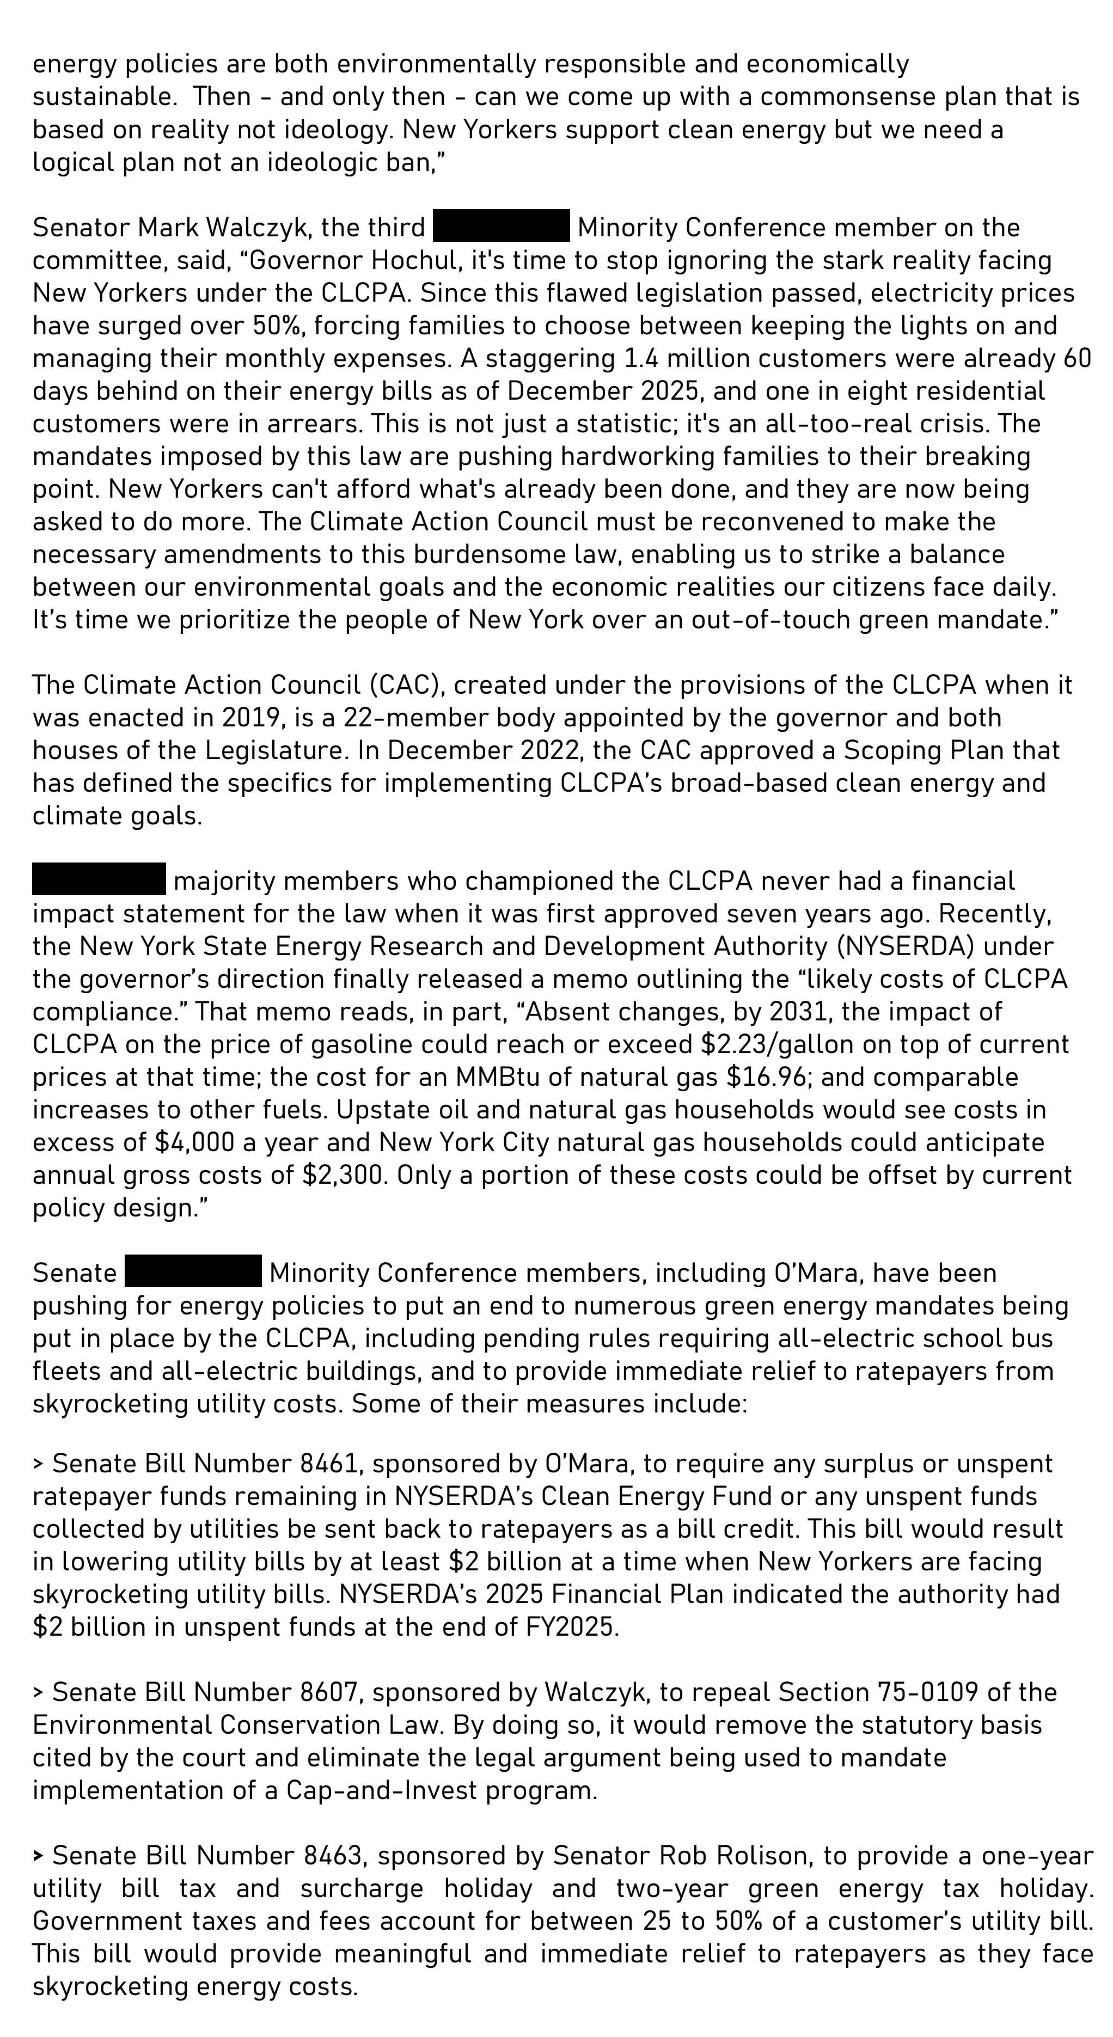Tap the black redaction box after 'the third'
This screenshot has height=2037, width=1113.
click(x=502, y=226)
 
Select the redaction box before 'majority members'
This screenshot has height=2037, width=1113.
click(x=99, y=879)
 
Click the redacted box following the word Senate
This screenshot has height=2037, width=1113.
click(x=193, y=1271)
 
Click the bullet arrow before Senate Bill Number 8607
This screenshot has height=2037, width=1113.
click(x=39, y=1692)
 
